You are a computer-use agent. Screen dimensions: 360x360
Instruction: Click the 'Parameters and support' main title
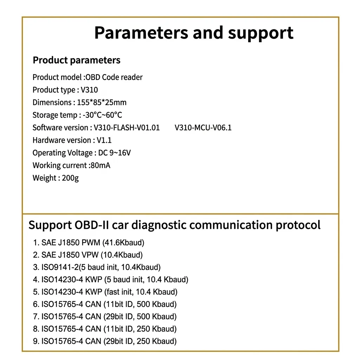[194, 33]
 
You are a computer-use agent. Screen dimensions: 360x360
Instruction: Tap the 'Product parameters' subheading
[76, 60]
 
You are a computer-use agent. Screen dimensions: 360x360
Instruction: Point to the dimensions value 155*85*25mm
[102, 103]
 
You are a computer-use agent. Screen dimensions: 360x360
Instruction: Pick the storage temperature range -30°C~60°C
[102, 115]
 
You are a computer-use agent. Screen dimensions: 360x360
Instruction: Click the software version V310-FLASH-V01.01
[127, 128]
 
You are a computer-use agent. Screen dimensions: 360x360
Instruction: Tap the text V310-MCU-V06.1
[203, 128]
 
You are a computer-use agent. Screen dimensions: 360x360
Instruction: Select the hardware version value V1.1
[104, 140]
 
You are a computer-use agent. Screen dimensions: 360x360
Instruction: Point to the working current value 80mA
[100, 166]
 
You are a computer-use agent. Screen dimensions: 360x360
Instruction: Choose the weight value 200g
[70, 178]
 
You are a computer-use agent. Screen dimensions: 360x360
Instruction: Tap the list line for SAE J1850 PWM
[89, 243]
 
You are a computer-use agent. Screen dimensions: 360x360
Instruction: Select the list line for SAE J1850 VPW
[88, 255]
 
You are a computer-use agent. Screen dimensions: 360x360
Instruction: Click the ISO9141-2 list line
[97, 267]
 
